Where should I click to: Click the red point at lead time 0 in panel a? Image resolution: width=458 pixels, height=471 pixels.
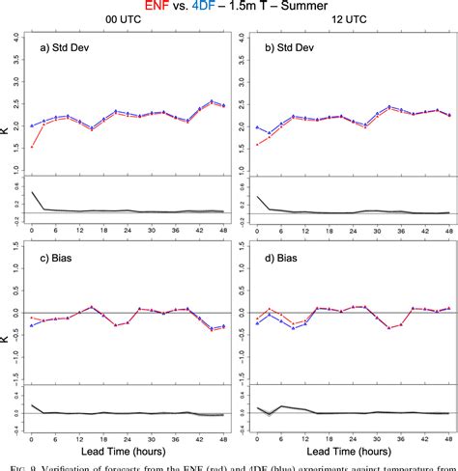pos(32,147)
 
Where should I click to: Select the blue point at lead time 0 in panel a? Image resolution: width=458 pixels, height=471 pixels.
pos(32,125)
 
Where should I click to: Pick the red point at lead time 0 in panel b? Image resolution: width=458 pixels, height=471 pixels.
pos(256,144)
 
